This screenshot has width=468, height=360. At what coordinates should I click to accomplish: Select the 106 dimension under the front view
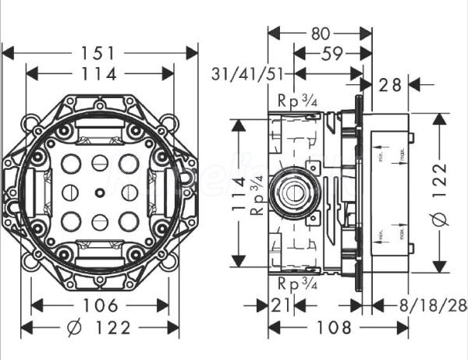click(99, 305)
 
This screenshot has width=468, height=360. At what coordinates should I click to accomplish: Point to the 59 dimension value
click(328, 55)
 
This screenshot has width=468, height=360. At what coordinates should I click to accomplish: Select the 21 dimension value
click(282, 305)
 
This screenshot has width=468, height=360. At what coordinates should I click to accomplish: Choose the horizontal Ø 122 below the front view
click(99, 326)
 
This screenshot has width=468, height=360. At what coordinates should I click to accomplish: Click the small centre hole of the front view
click(99, 192)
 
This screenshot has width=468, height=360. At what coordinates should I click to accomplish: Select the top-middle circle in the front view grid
click(99, 164)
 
